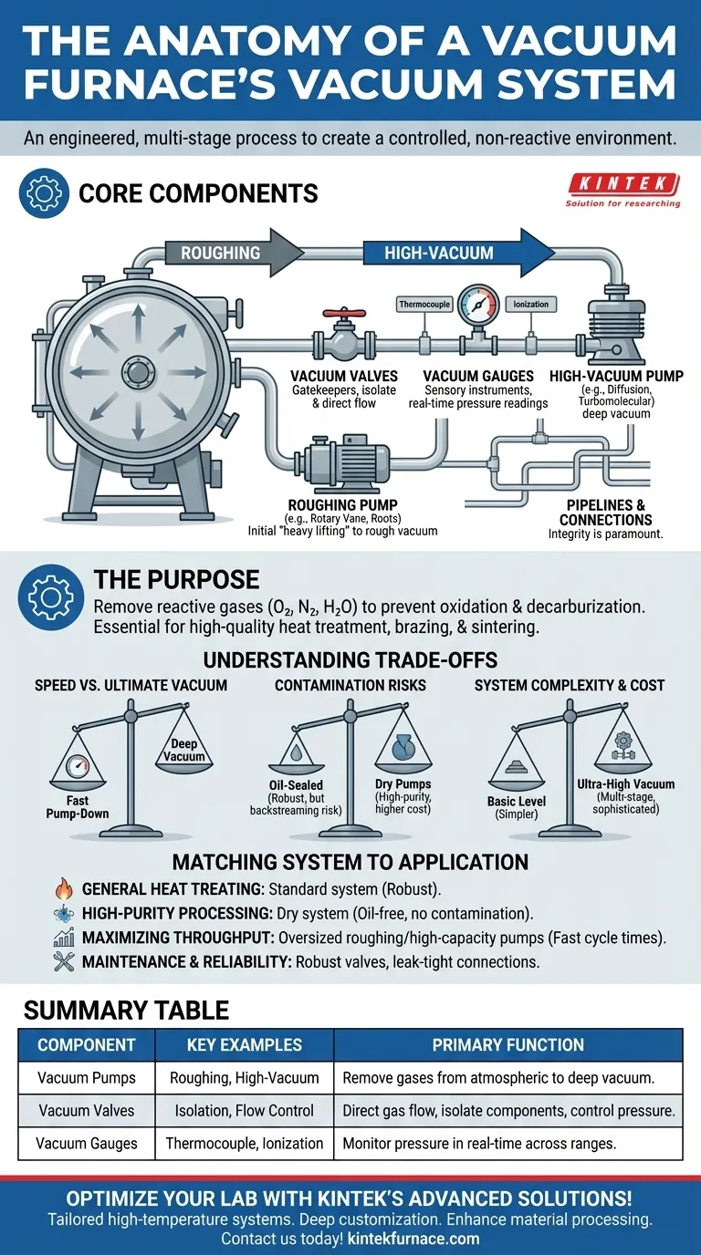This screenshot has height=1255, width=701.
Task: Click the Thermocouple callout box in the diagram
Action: [x=424, y=304]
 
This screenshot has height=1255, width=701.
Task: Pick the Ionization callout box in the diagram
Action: [x=530, y=304]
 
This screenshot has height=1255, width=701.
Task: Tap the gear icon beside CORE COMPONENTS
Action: [x=45, y=193]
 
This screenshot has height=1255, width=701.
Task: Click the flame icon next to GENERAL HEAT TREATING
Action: [x=64, y=889]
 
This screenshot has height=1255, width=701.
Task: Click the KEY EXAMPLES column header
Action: [x=245, y=1045]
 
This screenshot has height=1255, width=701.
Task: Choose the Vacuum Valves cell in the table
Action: [x=87, y=1111]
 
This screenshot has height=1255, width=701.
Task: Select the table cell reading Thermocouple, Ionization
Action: [x=245, y=1143]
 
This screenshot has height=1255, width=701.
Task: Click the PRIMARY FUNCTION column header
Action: [x=507, y=1045]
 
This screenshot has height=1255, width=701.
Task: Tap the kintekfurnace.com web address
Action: [x=413, y=1239]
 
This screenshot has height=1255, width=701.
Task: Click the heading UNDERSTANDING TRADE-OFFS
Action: [x=350, y=660]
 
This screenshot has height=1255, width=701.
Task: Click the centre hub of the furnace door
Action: [x=138, y=372]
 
